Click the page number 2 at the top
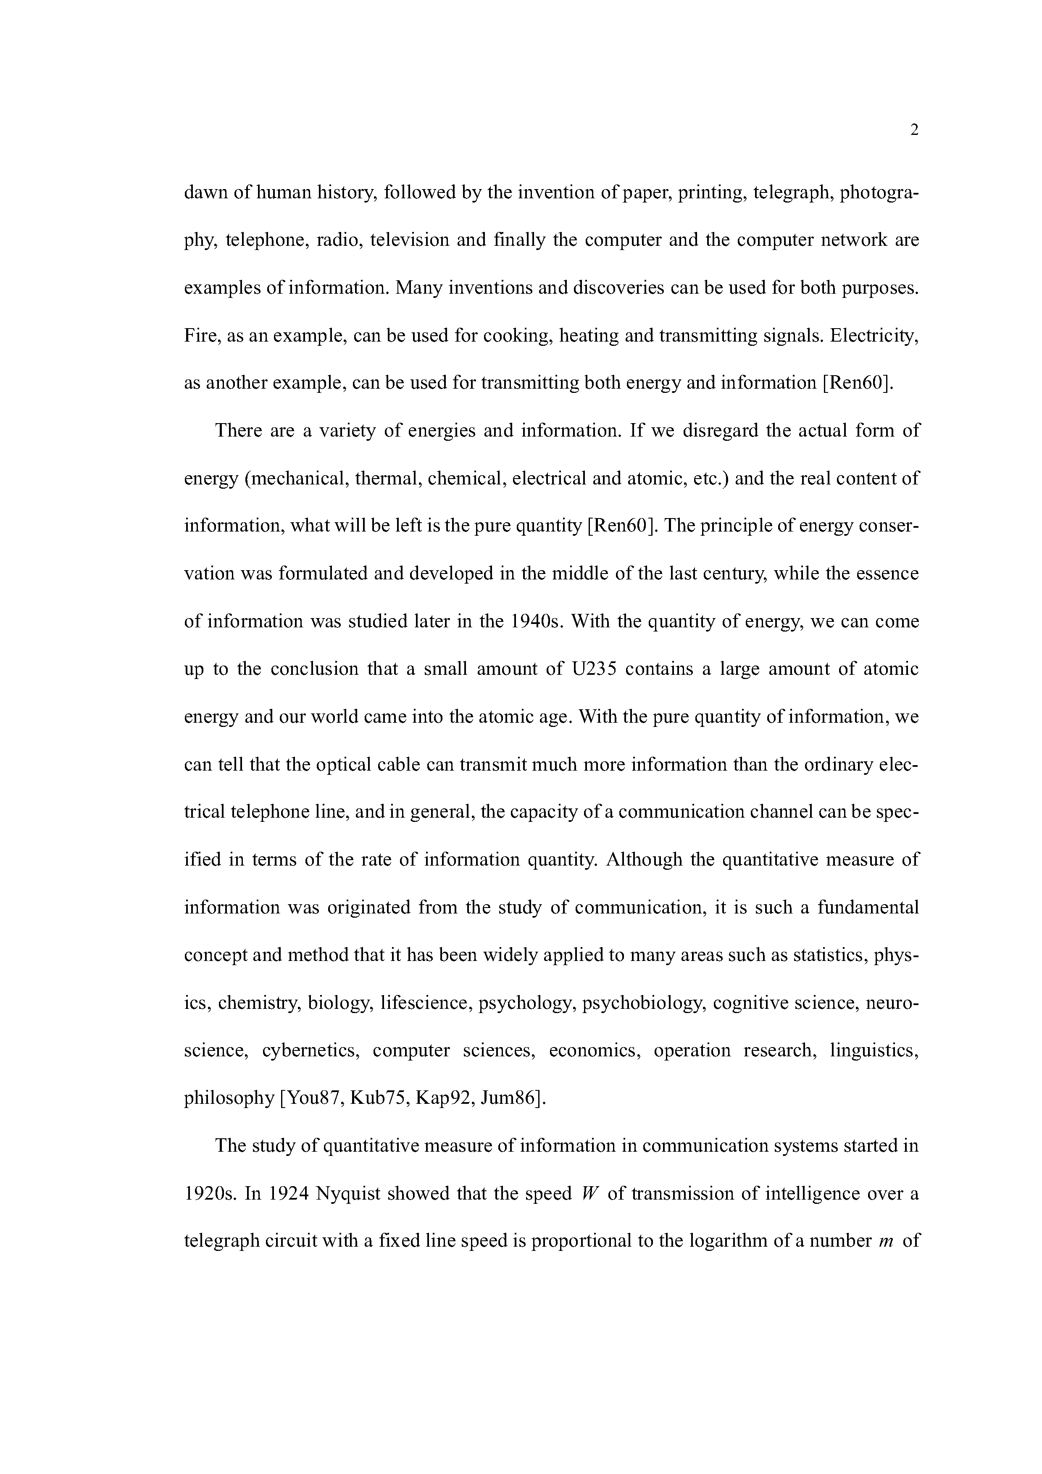pyautogui.click(x=914, y=130)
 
